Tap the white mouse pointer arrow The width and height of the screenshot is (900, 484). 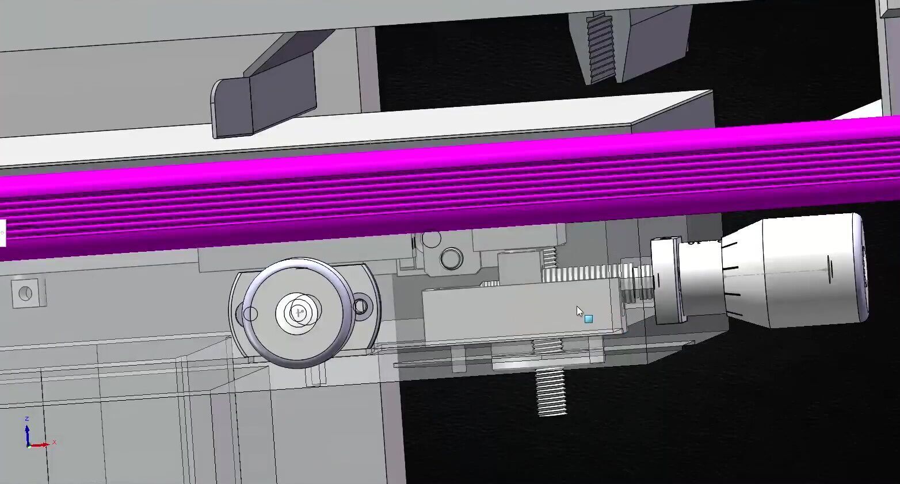(579, 311)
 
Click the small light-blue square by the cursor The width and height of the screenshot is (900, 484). (588, 318)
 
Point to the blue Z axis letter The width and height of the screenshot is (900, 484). (26, 419)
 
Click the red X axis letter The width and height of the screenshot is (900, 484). (54, 442)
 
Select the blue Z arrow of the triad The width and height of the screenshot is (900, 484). (27, 433)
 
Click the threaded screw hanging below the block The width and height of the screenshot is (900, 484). (551, 391)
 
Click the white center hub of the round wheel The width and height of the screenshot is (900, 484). (298, 313)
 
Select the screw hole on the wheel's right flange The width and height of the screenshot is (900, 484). (361, 305)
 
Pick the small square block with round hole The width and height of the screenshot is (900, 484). (25, 293)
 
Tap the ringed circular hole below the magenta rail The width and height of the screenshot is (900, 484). (451, 259)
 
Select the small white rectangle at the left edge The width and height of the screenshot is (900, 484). (2, 232)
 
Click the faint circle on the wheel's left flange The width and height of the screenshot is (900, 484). (250, 314)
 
